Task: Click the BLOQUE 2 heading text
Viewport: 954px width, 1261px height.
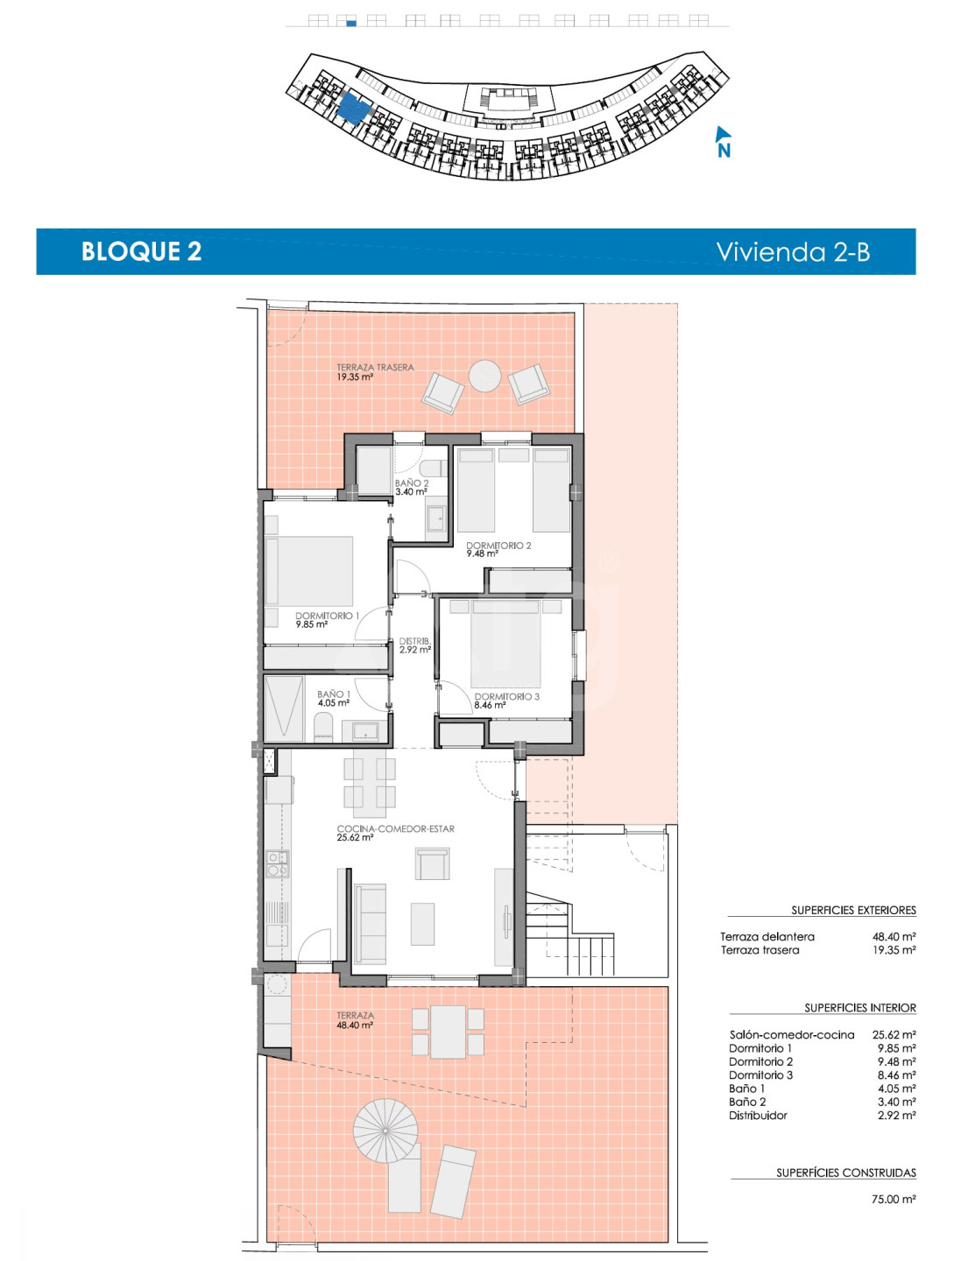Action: pos(141,251)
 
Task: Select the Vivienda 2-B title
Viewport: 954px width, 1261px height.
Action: pos(793,251)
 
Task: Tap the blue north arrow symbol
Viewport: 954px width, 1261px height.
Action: pos(723,141)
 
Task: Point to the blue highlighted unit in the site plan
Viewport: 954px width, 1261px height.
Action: pos(352,108)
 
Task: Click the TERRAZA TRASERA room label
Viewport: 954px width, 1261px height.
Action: pos(375,367)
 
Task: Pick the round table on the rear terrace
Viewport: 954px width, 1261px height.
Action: pos(484,376)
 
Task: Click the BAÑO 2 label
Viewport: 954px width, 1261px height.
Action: pos(412,483)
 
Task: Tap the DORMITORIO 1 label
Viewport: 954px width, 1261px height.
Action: pos(327,616)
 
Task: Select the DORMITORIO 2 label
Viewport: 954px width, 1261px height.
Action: pos(498,546)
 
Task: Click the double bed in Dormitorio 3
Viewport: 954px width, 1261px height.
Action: pos(505,643)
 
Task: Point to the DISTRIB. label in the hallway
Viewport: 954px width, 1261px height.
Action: pos(415,640)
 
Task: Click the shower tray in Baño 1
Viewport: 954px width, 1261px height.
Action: pos(284,709)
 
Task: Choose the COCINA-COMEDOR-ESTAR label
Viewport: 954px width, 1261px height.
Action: pos(395,828)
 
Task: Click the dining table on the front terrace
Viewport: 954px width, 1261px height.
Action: pos(448,1032)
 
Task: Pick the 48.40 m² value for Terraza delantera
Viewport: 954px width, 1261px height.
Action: pos(894,936)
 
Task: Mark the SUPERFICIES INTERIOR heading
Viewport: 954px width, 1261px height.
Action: pos(859,1008)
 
